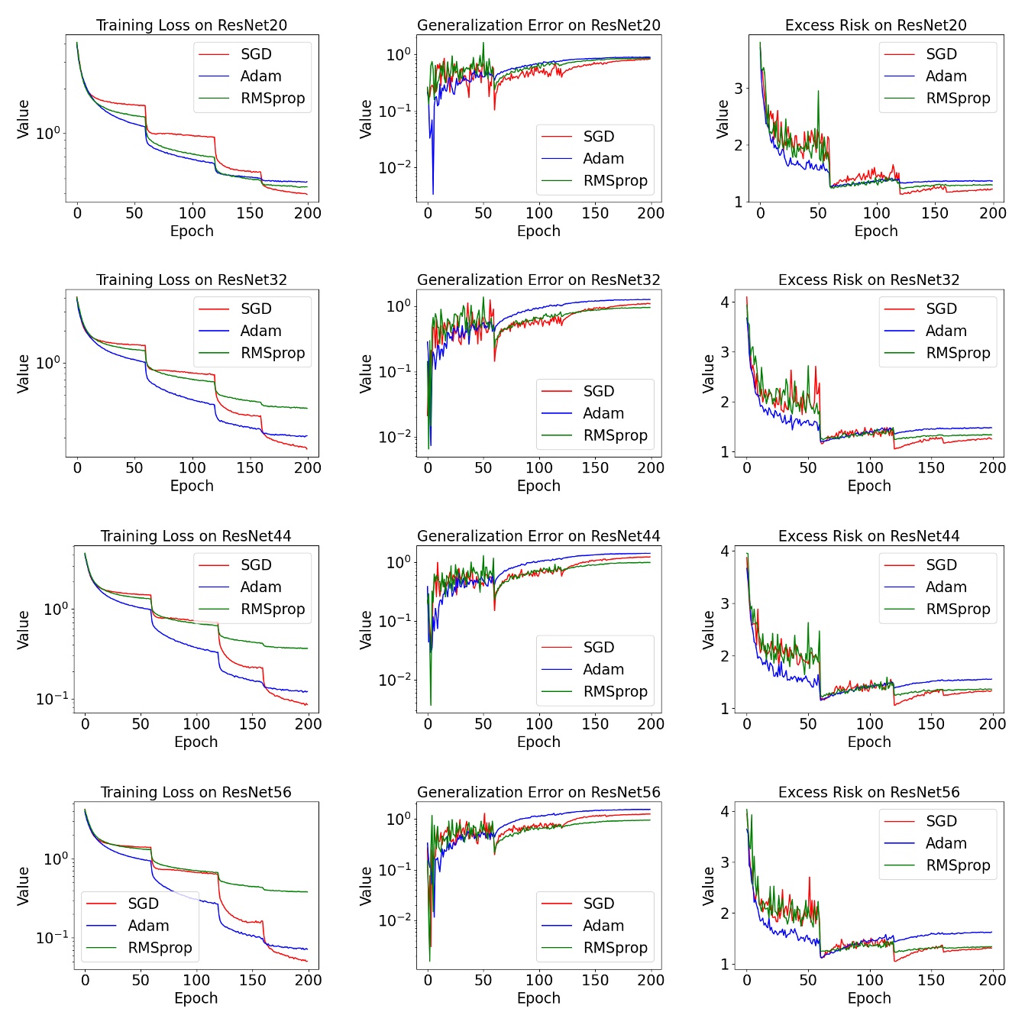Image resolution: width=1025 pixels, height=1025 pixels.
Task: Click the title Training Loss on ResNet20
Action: pos(192,25)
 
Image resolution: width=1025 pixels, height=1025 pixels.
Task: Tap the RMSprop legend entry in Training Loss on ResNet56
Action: pos(160,948)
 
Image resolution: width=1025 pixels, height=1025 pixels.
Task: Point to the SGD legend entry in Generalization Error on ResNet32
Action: pos(598,391)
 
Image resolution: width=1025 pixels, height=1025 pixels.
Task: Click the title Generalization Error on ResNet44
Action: pos(538,536)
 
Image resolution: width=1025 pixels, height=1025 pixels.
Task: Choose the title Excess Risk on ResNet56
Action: pos(868,792)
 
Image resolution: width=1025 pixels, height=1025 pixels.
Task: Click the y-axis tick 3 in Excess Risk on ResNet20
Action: pos(739,88)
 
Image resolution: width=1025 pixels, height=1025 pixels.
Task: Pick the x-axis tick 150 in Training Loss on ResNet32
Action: pos(250,467)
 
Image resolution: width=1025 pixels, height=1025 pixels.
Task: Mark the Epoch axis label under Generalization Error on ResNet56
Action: pos(538,998)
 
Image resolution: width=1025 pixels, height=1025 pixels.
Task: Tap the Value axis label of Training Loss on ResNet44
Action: pos(24,629)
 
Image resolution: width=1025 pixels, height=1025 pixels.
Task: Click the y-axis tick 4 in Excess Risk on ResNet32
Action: pos(724,302)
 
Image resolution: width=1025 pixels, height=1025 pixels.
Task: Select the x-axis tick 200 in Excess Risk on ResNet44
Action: pos(992,723)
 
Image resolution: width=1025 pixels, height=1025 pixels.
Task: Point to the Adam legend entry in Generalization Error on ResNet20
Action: pos(603,159)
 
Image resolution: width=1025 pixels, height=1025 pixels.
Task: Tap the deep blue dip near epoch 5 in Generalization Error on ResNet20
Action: pos(433,192)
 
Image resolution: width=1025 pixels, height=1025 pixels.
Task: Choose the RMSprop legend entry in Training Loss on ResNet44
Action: pos(273,610)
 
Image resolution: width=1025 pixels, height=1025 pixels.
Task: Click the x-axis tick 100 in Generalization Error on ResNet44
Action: pos(539,723)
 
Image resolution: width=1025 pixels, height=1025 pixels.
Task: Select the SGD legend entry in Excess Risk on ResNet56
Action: pos(941,821)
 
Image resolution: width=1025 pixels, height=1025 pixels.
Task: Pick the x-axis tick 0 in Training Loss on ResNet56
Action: pos(85,980)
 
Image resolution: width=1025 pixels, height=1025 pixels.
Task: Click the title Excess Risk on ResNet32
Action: pos(868,280)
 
